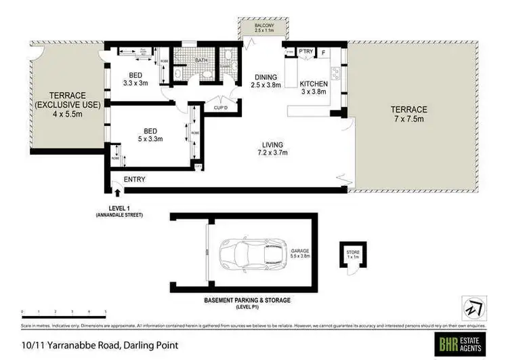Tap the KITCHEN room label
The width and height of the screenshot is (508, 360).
[314, 84]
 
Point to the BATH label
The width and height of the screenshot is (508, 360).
[201, 60]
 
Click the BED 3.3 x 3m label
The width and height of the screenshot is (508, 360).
[136, 79]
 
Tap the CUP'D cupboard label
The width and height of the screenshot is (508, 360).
[219, 107]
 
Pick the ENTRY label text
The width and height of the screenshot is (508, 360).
[134, 180]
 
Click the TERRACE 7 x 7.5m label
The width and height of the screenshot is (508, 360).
[408, 113]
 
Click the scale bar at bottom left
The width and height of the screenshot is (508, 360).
[64, 313]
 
